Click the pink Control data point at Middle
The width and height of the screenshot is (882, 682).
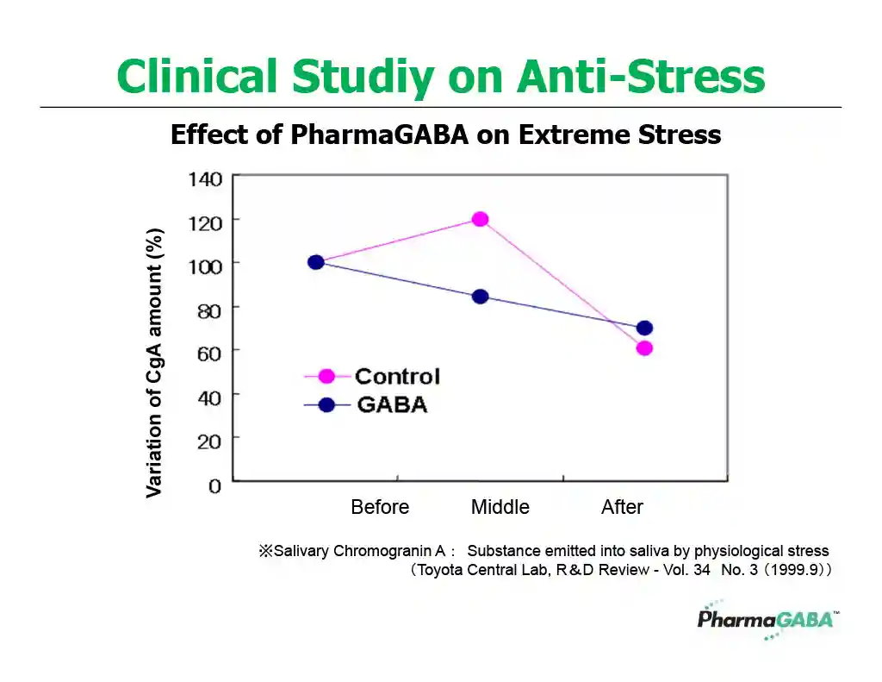pos(480,219)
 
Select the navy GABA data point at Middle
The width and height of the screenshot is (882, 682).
pos(480,297)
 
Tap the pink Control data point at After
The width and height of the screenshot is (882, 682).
pos(644,348)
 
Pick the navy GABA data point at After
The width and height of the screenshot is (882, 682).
pos(644,328)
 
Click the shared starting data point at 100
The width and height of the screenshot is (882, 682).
pos(316,262)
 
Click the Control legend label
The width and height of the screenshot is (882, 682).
pos(397,376)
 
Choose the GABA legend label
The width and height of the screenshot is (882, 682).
pos(391,404)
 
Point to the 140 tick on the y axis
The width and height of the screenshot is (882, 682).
pos(205,179)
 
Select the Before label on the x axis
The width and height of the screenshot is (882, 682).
pos(380,507)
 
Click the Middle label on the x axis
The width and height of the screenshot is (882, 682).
pos(500,507)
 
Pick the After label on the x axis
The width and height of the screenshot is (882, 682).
pos(622,507)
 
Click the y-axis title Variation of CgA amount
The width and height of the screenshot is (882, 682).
pos(154,363)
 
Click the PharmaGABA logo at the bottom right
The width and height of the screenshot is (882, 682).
pos(765,620)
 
